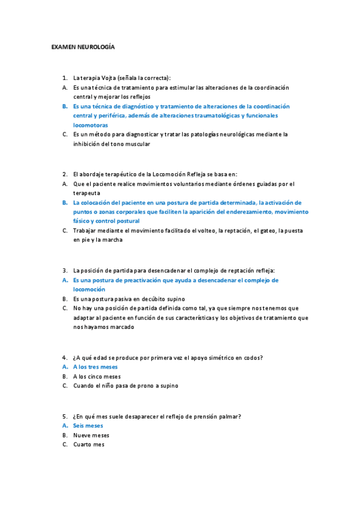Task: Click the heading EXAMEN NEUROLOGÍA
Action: pyautogui.click(x=82, y=46)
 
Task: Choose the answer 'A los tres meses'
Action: pyautogui.click(x=96, y=366)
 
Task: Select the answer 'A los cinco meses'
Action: pyautogui.click(x=97, y=376)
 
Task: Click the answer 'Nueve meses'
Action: pyautogui.click(x=91, y=435)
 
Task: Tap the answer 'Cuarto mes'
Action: pyautogui.click(x=89, y=444)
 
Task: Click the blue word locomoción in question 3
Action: pyautogui.click(x=89, y=289)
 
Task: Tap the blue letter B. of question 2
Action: pyautogui.click(x=64, y=203)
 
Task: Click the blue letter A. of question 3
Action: pyautogui.click(x=64, y=280)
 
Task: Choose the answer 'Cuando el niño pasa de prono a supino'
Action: pyautogui.click(x=126, y=386)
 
